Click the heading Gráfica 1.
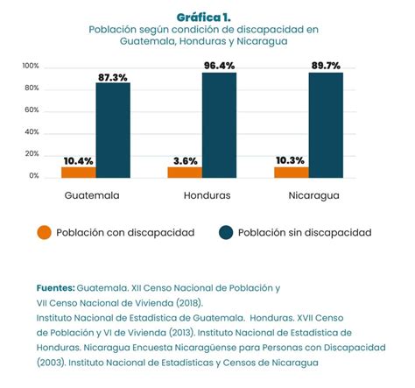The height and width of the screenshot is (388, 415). click(x=207, y=17)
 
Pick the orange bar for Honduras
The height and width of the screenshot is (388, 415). click(x=184, y=172)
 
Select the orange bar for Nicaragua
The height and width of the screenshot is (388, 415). click(x=290, y=172)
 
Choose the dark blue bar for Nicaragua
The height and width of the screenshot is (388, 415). click(x=325, y=124)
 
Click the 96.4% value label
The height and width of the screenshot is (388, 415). click(x=219, y=65)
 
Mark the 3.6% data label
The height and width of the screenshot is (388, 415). click(x=184, y=160)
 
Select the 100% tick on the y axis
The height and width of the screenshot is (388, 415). click(x=30, y=67)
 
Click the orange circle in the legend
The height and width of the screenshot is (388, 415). click(x=44, y=232)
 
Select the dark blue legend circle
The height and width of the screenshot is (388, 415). click(x=227, y=232)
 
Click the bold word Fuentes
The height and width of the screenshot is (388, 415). click(x=55, y=287)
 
